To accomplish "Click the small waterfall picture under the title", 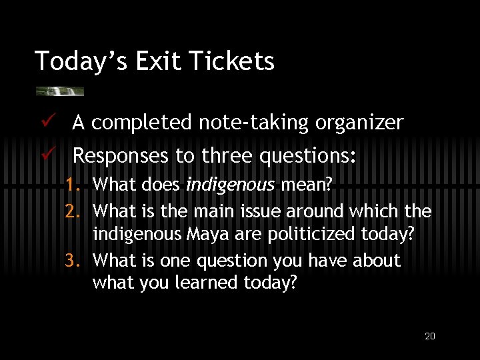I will pyautogui.click(x=60, y=91).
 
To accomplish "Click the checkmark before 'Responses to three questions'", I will pyautogui.click(x=45, y=155).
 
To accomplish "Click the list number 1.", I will pyautogui.click(x=73, y=185).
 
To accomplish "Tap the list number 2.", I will pyautogui.click(x=73, y=212).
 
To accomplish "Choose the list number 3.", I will pyautogui.click(x=73, y=261).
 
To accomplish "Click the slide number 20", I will pyautogui.click(x=430, y=336).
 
